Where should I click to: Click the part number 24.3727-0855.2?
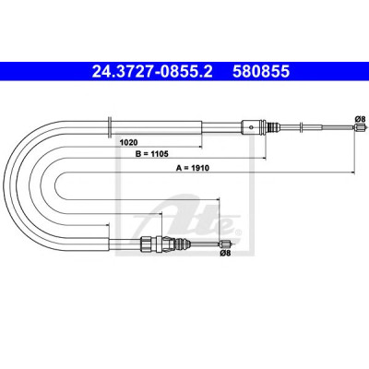click(x=152, y=71)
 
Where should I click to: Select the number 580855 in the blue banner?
click(x=261, y=71)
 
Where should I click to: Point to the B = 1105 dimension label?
click(x=152, y=154)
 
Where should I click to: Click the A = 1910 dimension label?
click(x=193, y=168)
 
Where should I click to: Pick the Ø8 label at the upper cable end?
click(x=360, y=119)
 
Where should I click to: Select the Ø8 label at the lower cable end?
click(x=225, y=253)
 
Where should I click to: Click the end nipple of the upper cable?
click(x=360, y=126)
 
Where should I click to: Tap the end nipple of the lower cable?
click(x=224, y=244)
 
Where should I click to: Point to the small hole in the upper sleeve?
click(x=252, y=127)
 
